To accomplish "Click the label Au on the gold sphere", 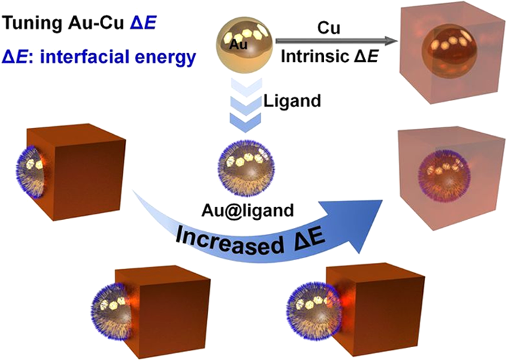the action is (238, 45).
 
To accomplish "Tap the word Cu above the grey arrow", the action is (329, 28).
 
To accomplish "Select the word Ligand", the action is (292, 102).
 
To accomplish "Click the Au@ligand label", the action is (248, 211).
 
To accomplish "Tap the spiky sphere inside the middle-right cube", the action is (444, 177).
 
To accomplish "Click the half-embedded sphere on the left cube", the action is (32, 172).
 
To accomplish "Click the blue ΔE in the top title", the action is (144, 24).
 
